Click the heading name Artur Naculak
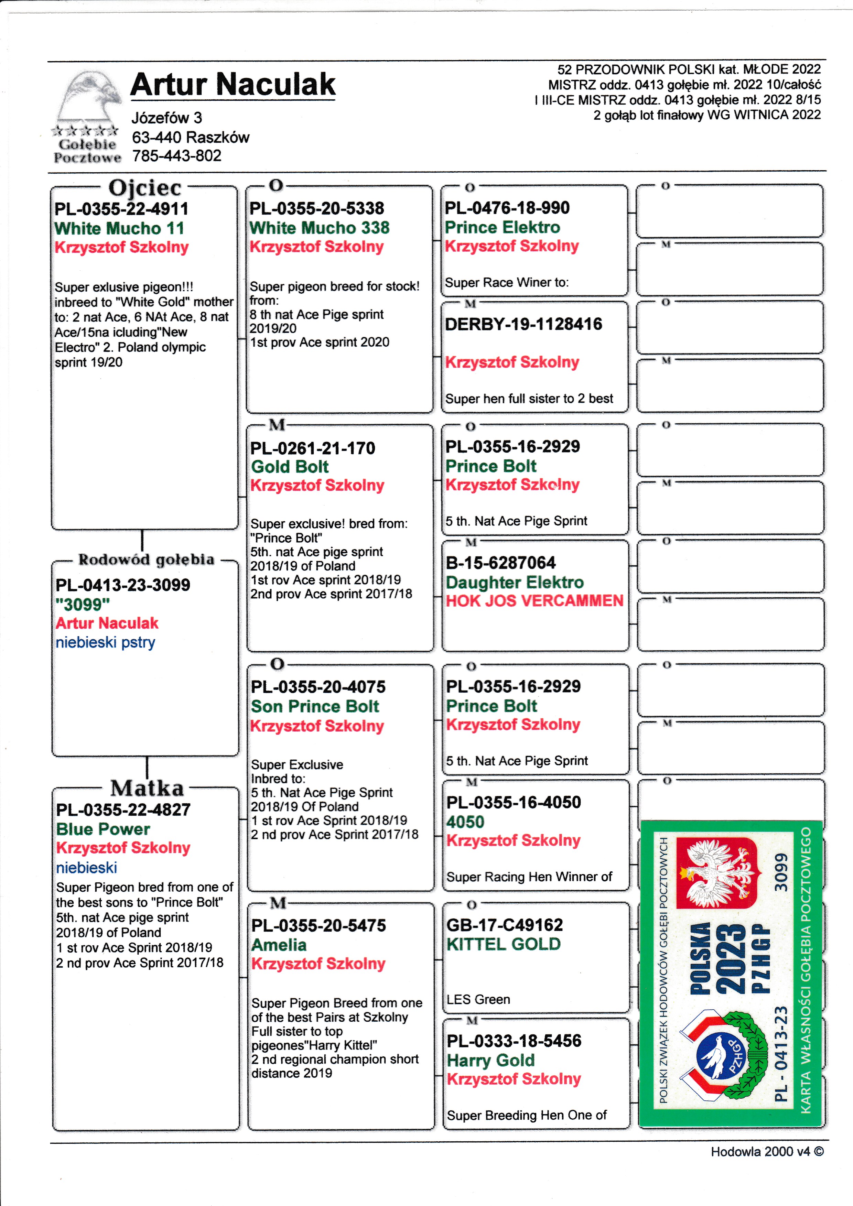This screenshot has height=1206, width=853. (233, 85)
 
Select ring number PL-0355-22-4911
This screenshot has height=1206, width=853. (121, 209)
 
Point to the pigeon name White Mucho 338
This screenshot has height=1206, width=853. (319, 228)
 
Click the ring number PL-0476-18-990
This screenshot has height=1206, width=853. (507, 208)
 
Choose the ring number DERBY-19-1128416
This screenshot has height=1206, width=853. (523, 324)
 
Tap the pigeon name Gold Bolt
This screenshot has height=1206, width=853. (290, 466)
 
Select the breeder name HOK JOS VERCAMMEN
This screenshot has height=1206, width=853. (534, 601)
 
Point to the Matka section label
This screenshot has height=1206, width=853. (147, 788)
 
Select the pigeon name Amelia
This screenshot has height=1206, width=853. (279, 945)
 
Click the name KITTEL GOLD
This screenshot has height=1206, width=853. (503, 944)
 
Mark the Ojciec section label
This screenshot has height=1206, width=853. (145, 187)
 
